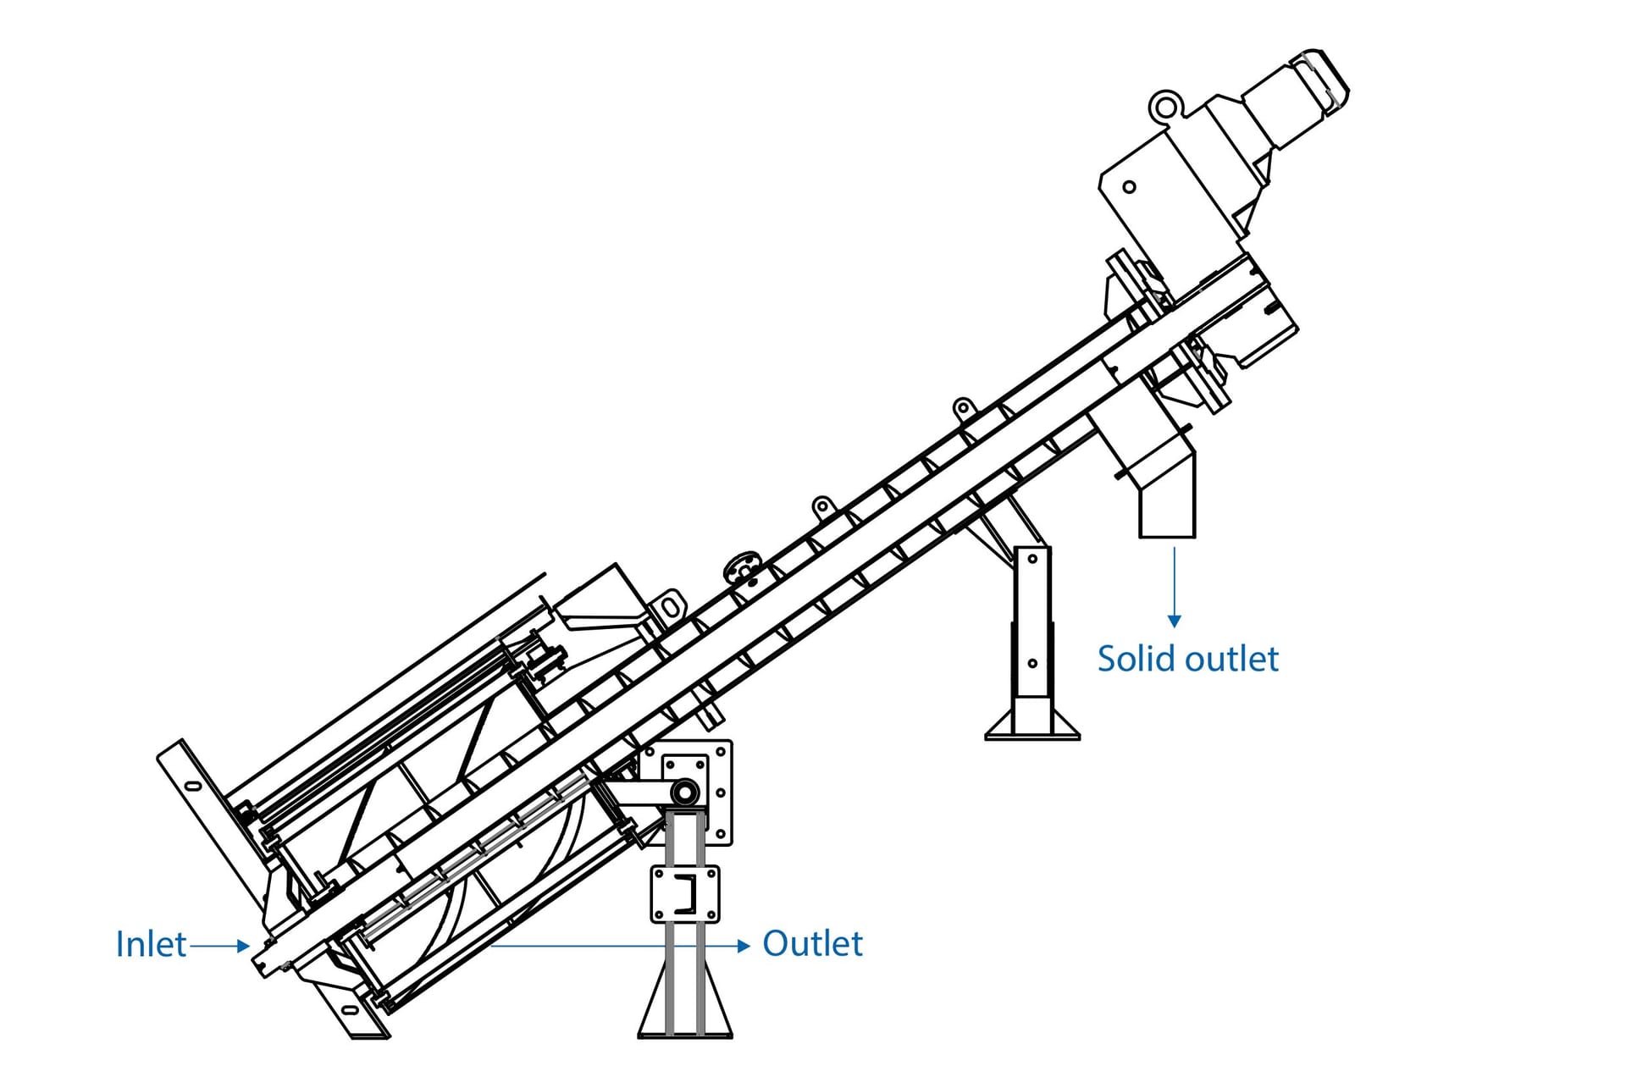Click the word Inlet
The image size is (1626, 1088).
point(151,944)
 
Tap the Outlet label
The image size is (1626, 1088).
point(812,943)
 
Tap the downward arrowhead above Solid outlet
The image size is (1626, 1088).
point(1174,621)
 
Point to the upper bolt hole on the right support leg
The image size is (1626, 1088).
point(1032,559)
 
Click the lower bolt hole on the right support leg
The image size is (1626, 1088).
point(1032,664)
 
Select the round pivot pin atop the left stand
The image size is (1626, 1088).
point(684,793)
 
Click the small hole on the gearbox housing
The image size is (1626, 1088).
point(1129,187)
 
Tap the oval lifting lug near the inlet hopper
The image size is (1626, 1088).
point(670,607)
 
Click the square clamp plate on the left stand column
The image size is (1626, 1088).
point(684,894)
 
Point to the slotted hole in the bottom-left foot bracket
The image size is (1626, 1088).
point(349,1010)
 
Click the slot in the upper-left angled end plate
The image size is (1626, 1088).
point(193,787)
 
